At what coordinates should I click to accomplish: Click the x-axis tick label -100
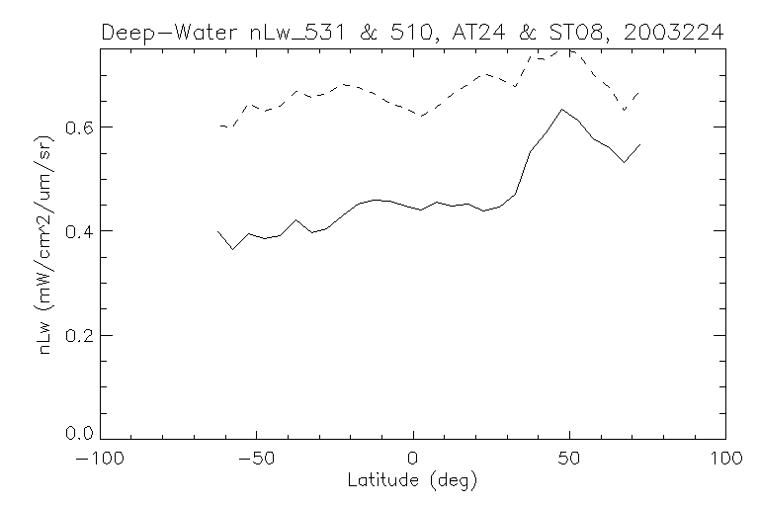click(102, 460)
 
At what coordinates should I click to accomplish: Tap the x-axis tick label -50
click(257, 460)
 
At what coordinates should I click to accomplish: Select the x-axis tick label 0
click(413, 460)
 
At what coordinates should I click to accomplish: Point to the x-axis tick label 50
click(569, 460)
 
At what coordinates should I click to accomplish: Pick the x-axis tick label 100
click(724, 460)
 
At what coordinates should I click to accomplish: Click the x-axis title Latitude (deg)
click(413, 481)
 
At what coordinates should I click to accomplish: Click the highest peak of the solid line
click(561, 109)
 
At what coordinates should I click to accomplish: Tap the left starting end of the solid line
click(217, 230)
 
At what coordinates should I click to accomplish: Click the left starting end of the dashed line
click(219, 126)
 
